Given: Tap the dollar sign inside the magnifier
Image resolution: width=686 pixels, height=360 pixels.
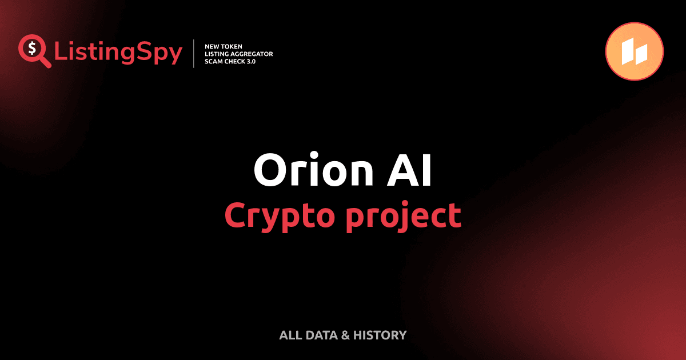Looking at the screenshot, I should (31, 47).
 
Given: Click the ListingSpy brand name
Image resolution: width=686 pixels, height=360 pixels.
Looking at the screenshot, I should (118, 53).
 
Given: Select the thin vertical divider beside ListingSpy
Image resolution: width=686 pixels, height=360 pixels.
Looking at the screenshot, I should (195, 53).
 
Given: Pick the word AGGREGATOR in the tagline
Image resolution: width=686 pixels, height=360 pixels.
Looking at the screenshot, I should (251, 54).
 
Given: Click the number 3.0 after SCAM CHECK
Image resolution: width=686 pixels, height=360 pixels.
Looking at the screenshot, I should (250, 61).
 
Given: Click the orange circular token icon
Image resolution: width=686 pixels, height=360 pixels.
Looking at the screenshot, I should (634, 51).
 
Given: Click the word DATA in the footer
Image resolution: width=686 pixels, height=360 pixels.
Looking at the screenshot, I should (321, 335).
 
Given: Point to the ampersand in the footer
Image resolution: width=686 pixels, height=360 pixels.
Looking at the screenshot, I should (345, 335).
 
